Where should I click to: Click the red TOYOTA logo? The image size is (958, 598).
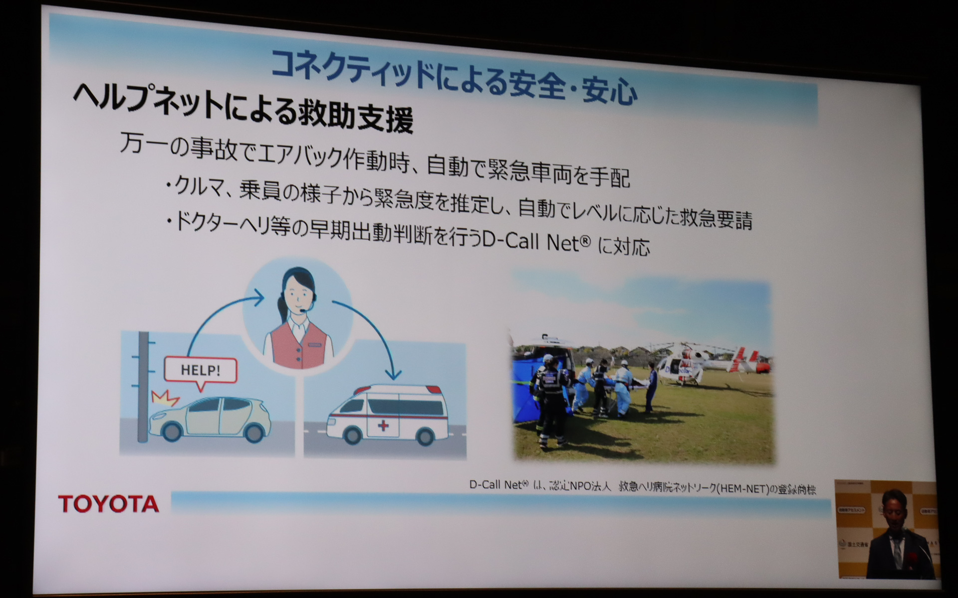tap(108, 504)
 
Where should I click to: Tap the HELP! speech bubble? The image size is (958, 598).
tap(200, 371)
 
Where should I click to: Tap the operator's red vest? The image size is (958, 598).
tap(298, 349)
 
